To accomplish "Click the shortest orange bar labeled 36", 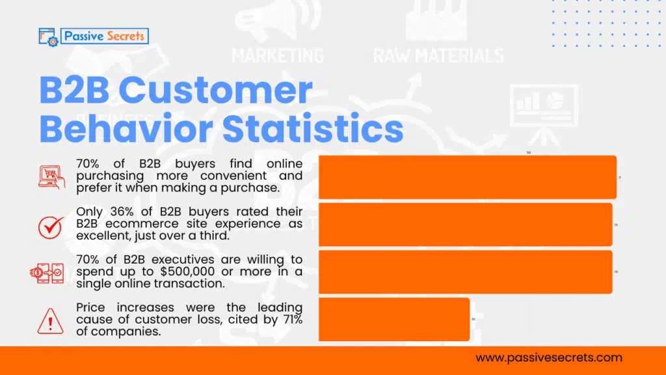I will point(394,319).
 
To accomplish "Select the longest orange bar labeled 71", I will point(467,177).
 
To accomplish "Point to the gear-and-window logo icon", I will point(49,36).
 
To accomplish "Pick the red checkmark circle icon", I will point(51,225).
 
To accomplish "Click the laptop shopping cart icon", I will point(51,176).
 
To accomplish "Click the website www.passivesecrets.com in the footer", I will point(549,357).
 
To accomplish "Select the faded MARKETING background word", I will point(278,55).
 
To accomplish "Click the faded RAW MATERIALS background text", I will point(438,55).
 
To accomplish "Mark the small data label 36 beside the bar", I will point(473,319).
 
